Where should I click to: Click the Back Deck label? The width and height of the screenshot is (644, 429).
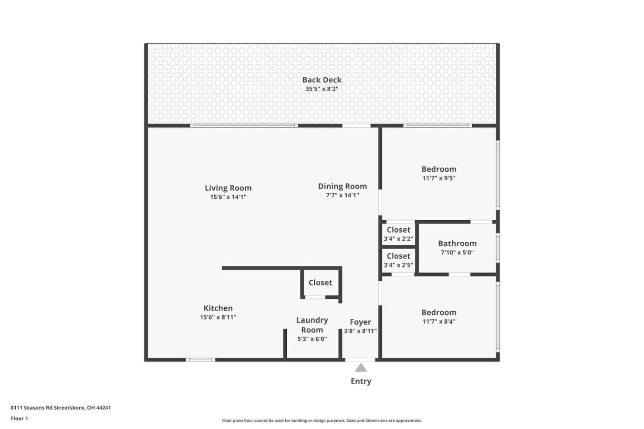point(322,80)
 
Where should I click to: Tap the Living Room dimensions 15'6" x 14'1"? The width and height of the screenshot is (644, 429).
point(228,197)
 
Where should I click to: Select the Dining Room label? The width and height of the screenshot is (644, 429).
point(343,186)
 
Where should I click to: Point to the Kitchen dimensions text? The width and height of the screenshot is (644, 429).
point(218,317)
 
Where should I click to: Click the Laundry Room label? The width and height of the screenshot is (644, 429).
point(312,325)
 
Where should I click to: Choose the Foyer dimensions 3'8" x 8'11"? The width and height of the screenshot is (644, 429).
point(360,331)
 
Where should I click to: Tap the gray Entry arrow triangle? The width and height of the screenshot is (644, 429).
point(361,368)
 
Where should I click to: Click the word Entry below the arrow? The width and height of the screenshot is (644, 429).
point(361,381)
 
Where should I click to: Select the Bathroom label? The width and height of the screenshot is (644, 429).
point(457,244)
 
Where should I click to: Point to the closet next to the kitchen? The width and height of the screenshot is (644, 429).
point(320,283)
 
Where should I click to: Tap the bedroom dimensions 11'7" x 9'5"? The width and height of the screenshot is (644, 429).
point(439,178)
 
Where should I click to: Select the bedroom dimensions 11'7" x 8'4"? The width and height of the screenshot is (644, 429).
point(439,321)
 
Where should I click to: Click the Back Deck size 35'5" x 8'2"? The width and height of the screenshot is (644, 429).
point(322,89)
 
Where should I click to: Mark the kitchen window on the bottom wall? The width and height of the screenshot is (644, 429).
point(200,360)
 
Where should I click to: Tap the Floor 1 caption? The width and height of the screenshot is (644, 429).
point(19,419)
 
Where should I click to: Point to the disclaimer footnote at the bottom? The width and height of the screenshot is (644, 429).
point(322,420)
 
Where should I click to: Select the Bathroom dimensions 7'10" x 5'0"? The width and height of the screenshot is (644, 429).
point(457,253)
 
